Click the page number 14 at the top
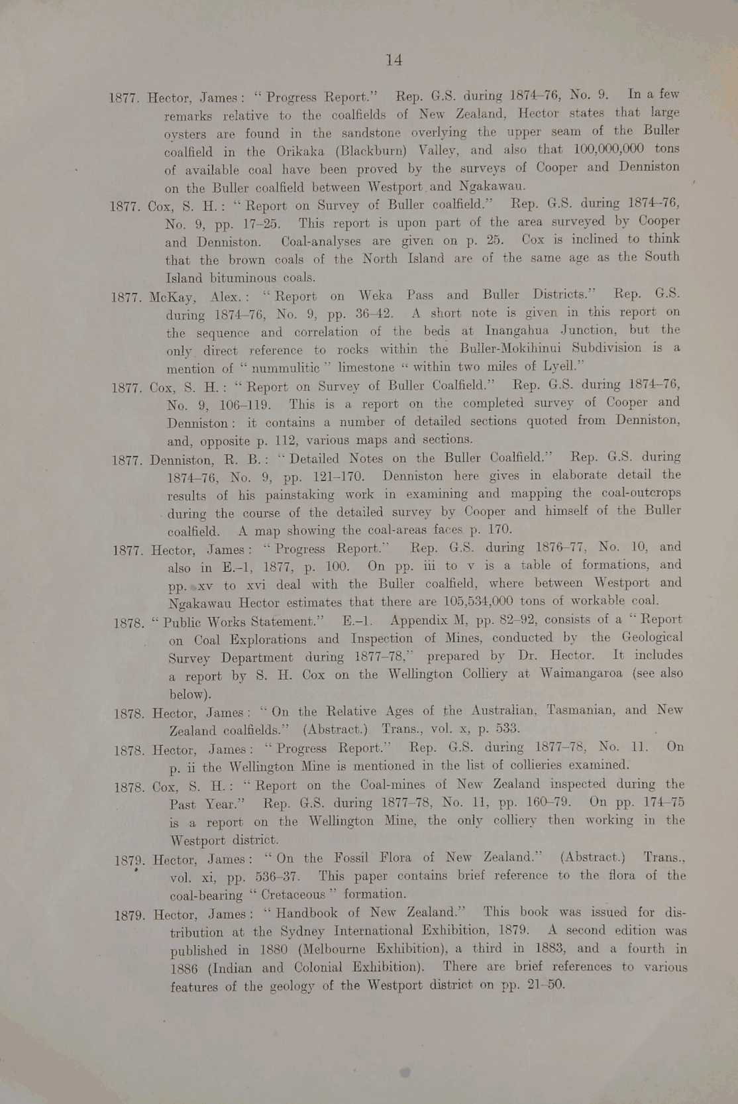394,60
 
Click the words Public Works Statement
240,622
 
